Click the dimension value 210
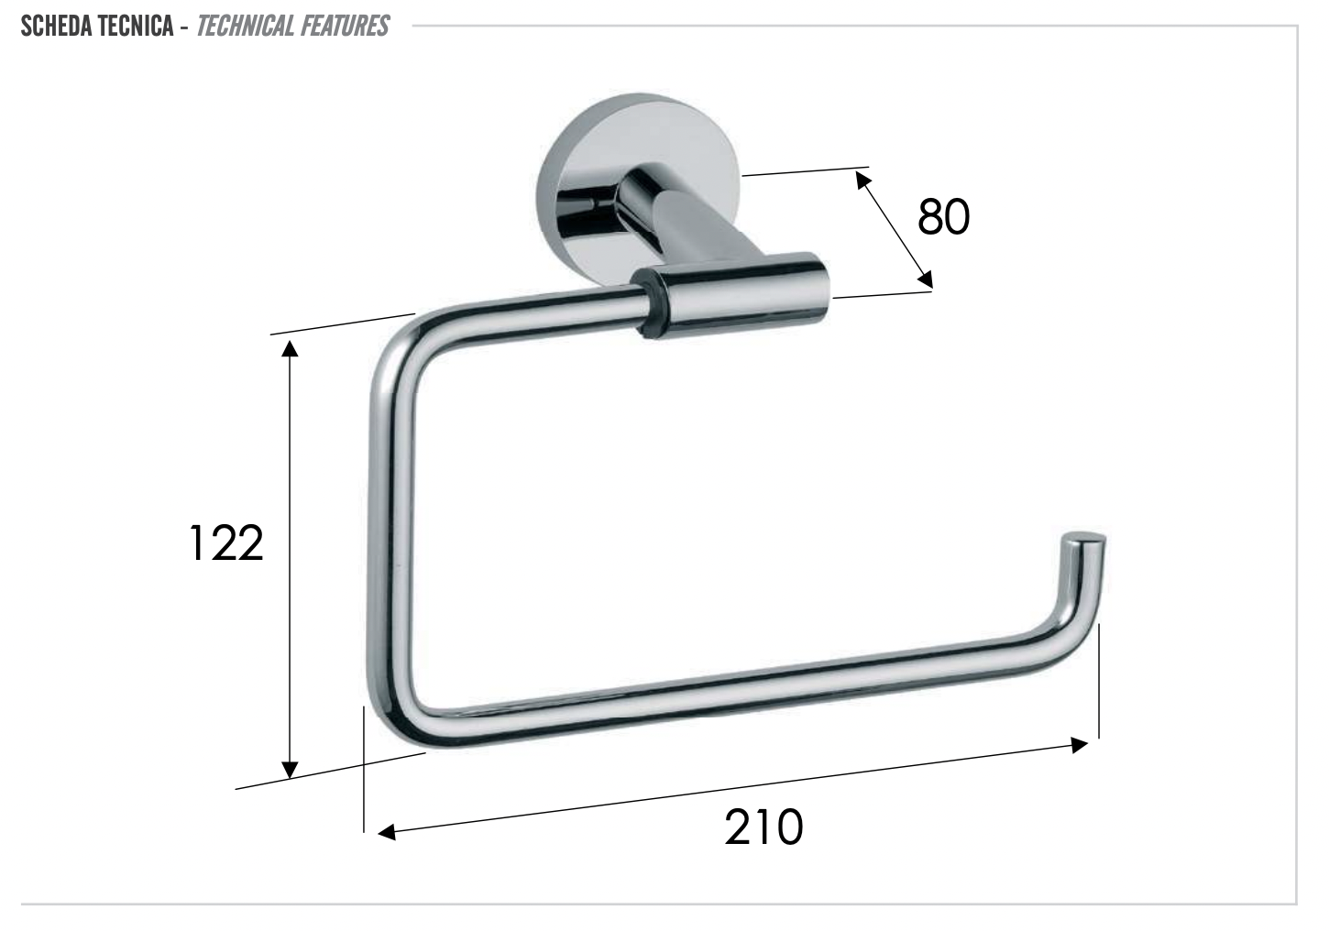[763, 827]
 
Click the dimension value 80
[943, 217]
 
